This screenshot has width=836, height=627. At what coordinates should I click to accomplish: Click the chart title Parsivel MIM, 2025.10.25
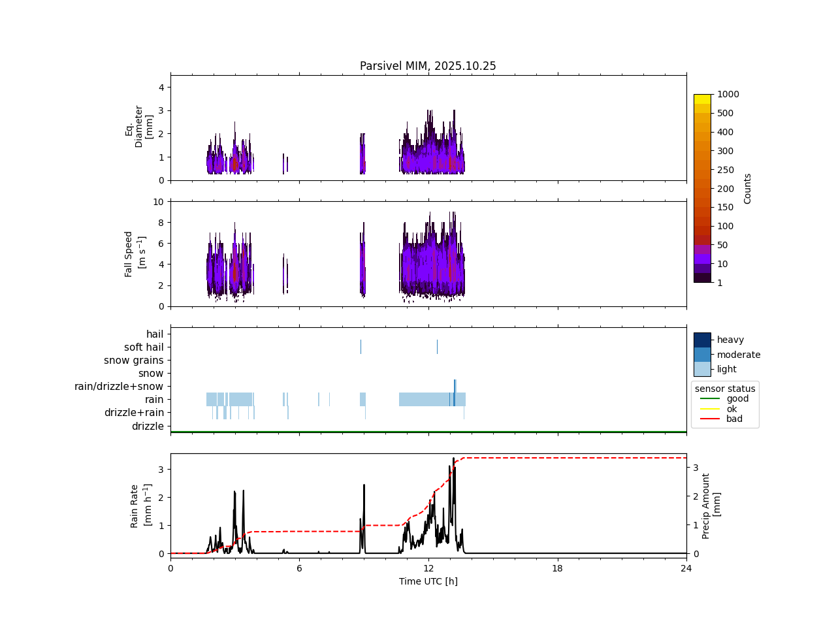tap(428, 66)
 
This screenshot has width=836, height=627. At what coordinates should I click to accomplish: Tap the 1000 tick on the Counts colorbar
tap(728, 94)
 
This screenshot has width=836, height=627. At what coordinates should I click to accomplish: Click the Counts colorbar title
tap(748, 188)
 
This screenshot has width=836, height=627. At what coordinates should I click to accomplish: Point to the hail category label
tap(155, 334)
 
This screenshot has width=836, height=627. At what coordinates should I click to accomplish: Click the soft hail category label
tap(144, 347)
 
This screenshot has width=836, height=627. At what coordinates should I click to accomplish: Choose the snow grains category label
tap(134, 361)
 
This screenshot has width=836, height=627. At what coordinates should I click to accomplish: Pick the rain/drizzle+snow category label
tap(119, 387)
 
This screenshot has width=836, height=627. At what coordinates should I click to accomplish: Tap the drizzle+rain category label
tap(134, 413)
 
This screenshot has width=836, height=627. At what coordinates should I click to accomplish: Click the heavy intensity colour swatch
tap(702, 340)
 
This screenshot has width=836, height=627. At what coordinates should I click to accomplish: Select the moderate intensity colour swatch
tap(702, 355)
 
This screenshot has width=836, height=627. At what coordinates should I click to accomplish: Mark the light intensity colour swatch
tap(702, 369)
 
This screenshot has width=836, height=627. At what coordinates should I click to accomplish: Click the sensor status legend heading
tap(725, 389)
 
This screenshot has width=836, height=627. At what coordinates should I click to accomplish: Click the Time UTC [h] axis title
tap(428, 581)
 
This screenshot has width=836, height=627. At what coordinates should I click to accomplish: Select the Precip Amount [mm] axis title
tap(711, 506)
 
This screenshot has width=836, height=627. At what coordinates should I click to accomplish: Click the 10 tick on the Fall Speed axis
tap(158, 202)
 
